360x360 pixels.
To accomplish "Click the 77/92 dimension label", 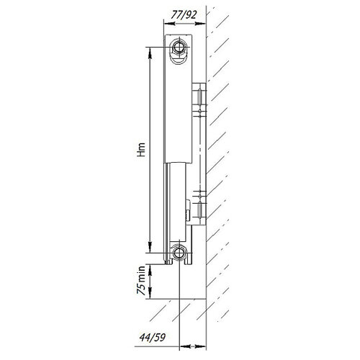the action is (x=184, y=15).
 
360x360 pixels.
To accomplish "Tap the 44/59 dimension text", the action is (x=153, y=338).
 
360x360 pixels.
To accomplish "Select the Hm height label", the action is (x=141, y=150).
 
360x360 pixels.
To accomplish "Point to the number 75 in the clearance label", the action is (x=141, y=289).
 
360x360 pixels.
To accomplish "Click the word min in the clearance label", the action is (x=141, y=274).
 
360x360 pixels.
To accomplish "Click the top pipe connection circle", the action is (x=179, y=47).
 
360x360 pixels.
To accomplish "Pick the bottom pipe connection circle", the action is (x=179, y=253).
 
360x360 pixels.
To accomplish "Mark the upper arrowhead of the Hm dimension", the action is (x=150, y=53).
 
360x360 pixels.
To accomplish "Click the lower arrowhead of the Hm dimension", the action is (x=150, y=247).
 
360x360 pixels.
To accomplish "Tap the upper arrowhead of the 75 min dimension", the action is (x=150, y=270).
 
